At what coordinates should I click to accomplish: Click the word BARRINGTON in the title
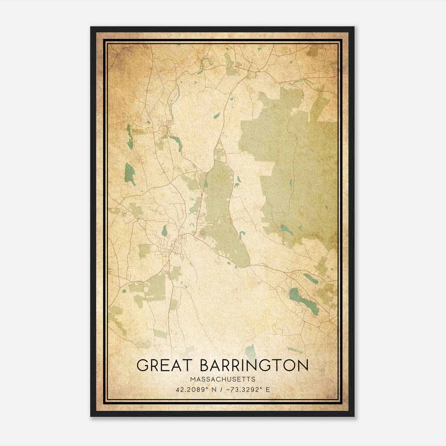(x=254, y=365)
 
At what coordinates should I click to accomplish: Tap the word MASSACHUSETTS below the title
(x=223, y=379)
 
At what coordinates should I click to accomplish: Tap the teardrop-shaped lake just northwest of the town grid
(x=164, y=231)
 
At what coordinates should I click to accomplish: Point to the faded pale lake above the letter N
(x=251, y=352)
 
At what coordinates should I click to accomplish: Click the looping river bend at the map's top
(x=206, y=62)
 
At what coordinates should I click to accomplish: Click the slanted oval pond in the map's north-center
(x=217, y=115)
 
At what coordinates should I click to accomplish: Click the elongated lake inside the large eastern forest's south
(x=287, y=230)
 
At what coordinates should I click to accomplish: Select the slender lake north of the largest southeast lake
(x=310, y=278)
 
